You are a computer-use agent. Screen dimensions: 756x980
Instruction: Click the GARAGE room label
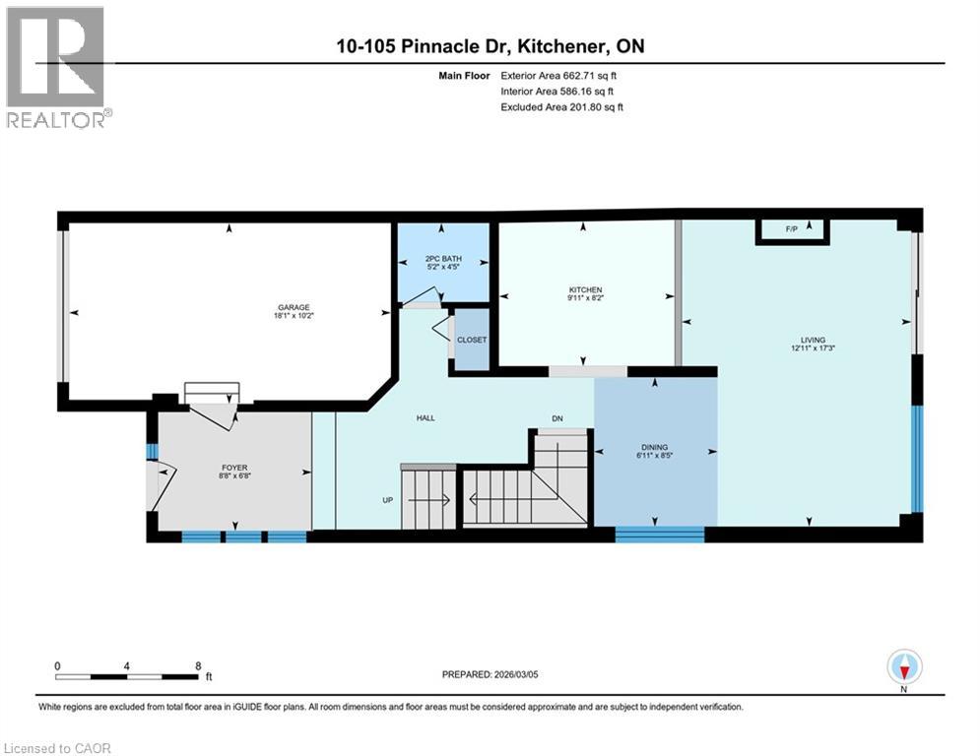(293, 307)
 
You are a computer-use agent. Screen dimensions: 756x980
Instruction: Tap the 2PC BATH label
(442, 260)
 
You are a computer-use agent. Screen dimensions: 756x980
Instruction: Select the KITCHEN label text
(585, 289)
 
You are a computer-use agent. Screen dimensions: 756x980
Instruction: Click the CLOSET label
(472, 340)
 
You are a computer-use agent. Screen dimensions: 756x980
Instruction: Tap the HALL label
(425, 418)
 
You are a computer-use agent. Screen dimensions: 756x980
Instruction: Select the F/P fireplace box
(792, 230)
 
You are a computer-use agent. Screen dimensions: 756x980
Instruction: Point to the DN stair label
(556, 418)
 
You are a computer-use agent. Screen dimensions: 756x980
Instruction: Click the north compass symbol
(904, 667)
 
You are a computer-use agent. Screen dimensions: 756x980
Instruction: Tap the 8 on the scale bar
(198, 665)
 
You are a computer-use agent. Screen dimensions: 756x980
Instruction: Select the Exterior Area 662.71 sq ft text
(559, 75)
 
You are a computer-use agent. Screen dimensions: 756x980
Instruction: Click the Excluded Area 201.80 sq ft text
(562, 106)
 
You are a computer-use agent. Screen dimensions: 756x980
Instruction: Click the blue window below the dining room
(660, 535)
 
